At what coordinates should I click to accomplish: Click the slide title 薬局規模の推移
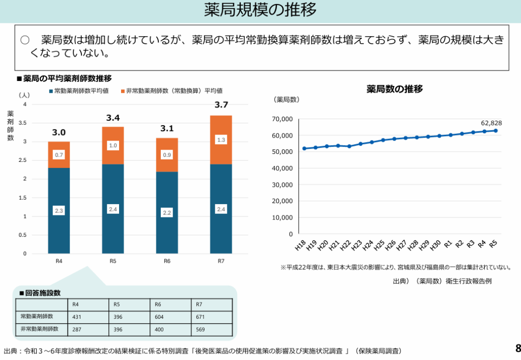coord(260,10)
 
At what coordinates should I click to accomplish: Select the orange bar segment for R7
coord(221,140)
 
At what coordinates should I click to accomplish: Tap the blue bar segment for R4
coord(59,210)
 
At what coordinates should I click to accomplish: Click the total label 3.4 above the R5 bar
coord(112,118)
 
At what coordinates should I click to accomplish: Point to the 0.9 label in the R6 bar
coord(167,155)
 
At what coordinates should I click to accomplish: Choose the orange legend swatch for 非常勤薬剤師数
coord(123,91)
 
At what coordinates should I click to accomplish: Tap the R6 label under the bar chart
coord(167,262)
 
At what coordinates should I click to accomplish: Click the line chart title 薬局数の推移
coord(394,89)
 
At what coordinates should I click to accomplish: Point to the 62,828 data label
coord(491,123)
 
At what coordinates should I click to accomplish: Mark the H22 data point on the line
coord(349,146)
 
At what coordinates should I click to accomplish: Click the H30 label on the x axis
coord(436,245)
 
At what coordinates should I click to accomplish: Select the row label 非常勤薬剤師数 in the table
coord(40,329)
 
